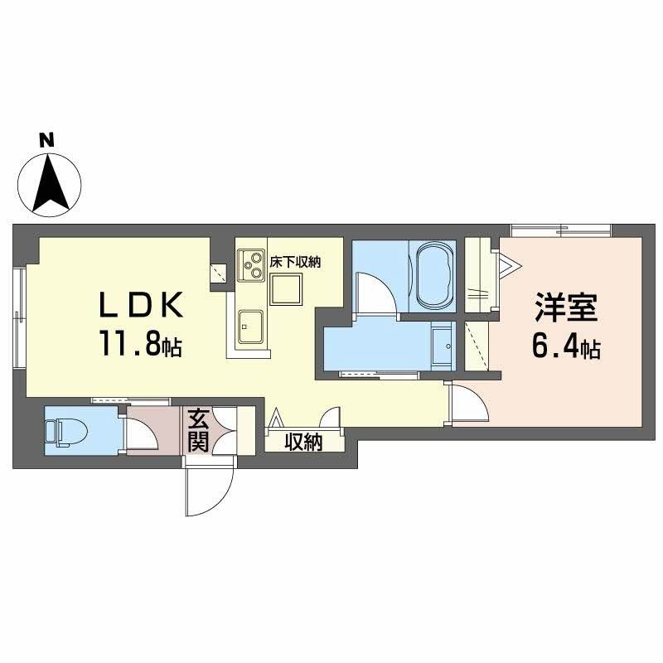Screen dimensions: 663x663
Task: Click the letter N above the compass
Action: [48, 141]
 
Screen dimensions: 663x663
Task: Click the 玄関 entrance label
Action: [197, 429]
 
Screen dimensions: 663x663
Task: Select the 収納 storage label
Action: [303, 442]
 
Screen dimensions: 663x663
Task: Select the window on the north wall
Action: [560, 230]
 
